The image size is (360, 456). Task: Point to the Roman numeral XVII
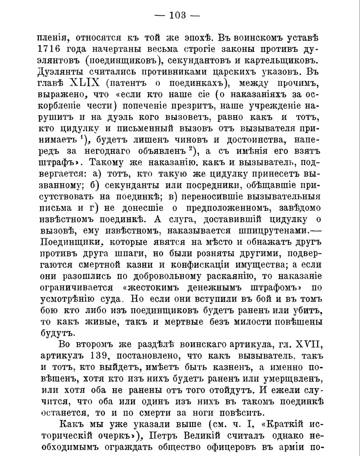305,344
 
